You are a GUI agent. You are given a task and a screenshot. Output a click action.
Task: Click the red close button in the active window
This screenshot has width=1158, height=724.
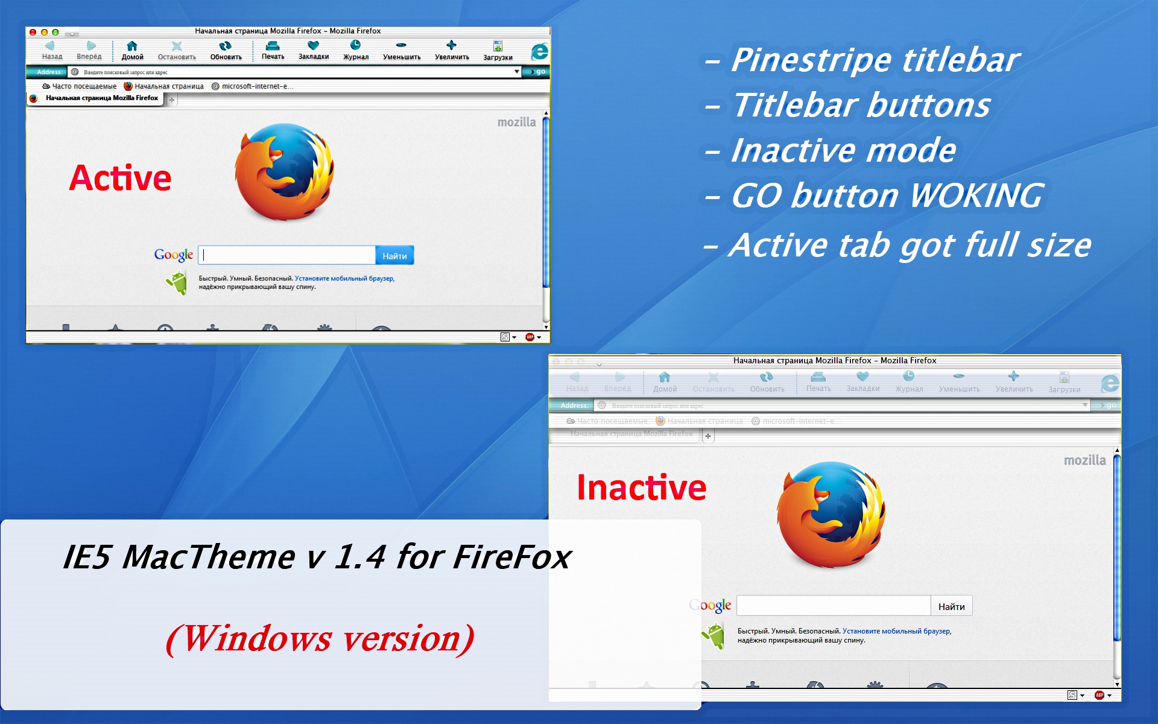click(x=33, y=32)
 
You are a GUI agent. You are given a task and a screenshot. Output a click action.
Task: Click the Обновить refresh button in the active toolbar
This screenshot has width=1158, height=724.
click(x=226, y=50)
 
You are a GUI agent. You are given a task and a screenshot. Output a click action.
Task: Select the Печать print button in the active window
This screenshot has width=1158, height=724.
click(x=273, y=50)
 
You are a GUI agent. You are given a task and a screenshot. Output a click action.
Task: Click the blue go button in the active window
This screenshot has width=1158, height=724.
click(x=536, y=72)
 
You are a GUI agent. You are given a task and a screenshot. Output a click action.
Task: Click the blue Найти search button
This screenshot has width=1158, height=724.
click(x=394, y=256)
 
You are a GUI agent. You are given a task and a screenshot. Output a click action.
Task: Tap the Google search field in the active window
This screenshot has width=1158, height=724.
click(x=287, y=255)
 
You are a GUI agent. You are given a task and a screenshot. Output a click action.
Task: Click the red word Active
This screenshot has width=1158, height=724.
click(x=121, y=179)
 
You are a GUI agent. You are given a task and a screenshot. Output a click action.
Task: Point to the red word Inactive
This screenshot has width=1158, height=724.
click(x=641, y=487)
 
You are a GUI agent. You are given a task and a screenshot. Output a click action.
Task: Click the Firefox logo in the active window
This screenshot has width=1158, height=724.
click(x=284, y=172)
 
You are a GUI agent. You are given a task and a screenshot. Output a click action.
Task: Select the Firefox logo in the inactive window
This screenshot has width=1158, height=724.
click(x=831, y=515)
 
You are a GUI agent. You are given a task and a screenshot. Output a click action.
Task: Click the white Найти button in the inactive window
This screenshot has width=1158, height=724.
click(x=951, y=606)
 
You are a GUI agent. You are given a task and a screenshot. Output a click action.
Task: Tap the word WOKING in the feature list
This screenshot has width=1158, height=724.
click(x=976, y=195)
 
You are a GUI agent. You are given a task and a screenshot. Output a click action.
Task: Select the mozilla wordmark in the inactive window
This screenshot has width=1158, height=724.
click(x=1084, y=460)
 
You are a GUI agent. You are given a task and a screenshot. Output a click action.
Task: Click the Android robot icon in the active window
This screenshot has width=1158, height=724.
click(x=177, y=282)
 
